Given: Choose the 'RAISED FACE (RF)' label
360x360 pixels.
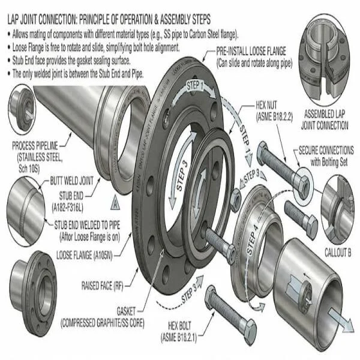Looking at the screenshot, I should (107, 281).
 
